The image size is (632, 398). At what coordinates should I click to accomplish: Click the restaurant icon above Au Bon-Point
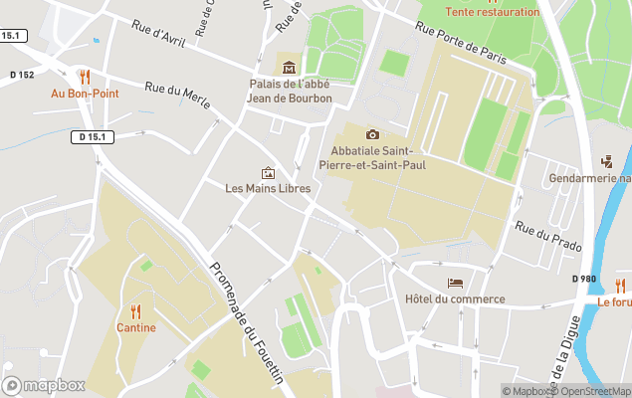click(85, 76)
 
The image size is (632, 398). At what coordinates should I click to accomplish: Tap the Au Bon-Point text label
click(85, 94)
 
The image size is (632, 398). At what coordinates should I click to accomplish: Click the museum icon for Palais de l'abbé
click(289, 68)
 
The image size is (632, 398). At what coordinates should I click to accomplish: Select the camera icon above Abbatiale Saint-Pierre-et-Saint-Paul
click(372, 134)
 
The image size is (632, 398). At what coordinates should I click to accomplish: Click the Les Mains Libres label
click(268, 188)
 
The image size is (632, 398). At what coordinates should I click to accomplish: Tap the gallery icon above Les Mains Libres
click(267, 172)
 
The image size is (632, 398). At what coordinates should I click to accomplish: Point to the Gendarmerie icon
click(607, 161)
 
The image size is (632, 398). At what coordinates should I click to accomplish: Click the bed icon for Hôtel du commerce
click(455, 283)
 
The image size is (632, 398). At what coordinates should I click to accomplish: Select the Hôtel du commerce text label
click(455, 299)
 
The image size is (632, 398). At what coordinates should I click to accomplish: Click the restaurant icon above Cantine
click(135, 310)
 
